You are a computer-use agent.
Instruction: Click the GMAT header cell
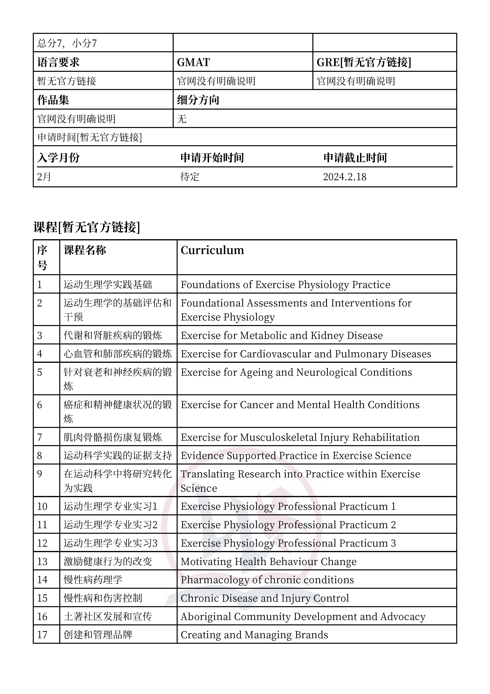[193, 62]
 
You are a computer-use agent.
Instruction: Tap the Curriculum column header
[212, 250]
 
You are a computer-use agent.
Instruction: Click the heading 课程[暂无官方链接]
[87, 227]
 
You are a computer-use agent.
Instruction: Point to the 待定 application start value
[190, 177]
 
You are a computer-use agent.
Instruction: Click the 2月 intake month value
[44, 177]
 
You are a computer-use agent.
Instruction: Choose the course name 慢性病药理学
[93, 580]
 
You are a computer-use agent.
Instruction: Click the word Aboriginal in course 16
[206, 617]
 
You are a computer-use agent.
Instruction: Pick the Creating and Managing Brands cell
[254, 635]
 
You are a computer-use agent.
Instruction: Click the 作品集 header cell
[53, 100]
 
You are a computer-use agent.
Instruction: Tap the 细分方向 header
[198, 100]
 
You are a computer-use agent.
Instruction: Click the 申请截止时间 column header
[355, 158]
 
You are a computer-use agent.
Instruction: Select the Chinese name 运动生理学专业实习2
[110, 525]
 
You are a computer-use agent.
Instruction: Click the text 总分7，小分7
[67, 43]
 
